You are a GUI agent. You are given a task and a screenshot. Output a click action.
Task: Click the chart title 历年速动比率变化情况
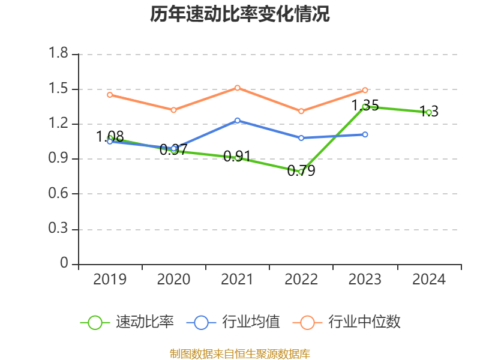tap(240, 14)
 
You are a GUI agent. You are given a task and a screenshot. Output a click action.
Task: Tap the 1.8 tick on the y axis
tap(59, 54)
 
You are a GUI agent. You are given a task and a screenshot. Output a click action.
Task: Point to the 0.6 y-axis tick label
tap(59, 194)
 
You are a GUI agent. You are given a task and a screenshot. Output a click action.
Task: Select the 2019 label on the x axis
tap(110, 280)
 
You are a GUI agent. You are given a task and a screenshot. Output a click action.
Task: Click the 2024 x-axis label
tap(429, 280)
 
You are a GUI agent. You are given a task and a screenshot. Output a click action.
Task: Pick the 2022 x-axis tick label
tap(301, 280)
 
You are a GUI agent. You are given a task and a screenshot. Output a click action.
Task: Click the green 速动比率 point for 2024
tap(429, 112)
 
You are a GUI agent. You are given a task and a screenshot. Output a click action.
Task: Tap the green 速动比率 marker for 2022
tap(301, 172)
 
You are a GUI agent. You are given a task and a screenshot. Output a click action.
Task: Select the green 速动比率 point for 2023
tap(365, 107)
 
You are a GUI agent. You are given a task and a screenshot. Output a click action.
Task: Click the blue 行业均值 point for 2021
tap(238, 121)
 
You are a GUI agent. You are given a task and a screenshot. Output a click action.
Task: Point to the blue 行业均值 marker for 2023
tap(365, 134)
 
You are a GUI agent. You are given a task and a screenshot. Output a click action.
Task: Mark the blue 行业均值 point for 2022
tap(301, 138)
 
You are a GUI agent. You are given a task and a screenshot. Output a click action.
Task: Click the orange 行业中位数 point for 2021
tap(238, 88)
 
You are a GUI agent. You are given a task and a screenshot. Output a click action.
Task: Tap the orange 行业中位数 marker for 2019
tap(110, 95)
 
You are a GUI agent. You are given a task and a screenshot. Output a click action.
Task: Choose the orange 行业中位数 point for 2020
tap(173, 110)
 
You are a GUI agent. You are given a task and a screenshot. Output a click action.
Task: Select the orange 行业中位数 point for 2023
tap(365, 90)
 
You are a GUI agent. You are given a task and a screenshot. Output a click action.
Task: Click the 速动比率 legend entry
tap(127, 322)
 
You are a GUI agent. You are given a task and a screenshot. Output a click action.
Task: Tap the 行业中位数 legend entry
tap(347, 322)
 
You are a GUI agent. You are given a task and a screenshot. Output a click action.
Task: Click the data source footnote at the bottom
tap(240, 353)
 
